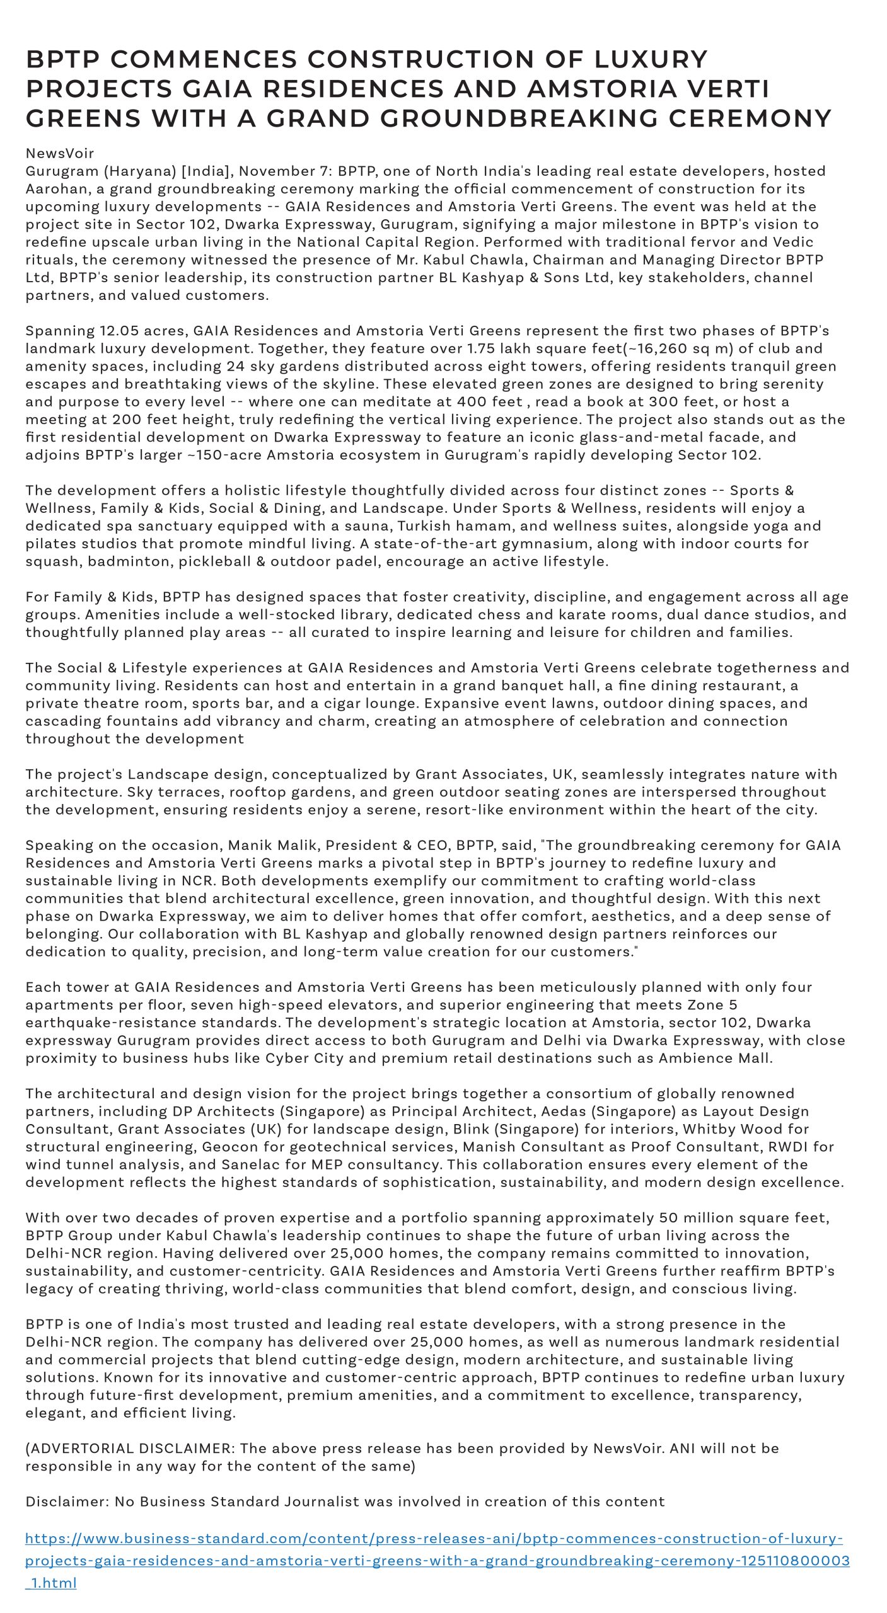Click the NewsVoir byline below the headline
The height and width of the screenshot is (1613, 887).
click(x=60, y=153)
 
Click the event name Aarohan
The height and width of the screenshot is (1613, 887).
click(x=54, y=189)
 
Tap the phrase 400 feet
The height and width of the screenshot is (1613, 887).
click(x=490, y=402)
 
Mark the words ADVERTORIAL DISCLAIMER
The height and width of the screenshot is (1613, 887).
click(x=130, y=1449)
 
